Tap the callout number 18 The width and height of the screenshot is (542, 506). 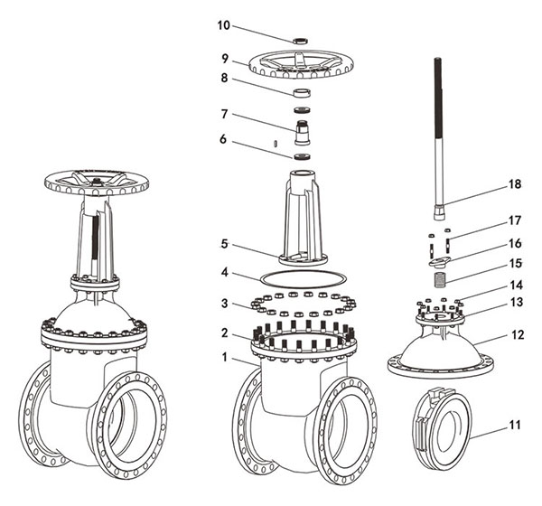click(x=515, y=183)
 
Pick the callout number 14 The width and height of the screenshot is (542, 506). click(x=515, y=285)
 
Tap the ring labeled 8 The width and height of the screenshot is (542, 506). click(x=302, y=93)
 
